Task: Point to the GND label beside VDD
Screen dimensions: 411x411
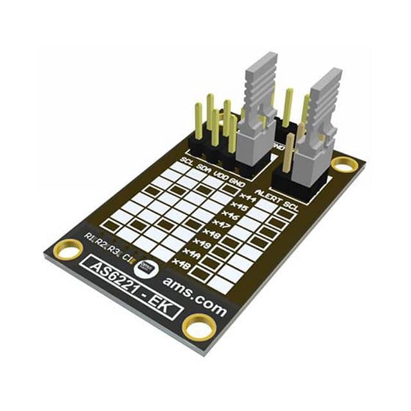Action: (x=236, y=178)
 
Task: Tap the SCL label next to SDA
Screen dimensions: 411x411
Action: (x=187, y=161)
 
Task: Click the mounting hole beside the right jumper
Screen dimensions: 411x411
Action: (x=344, y=166)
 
